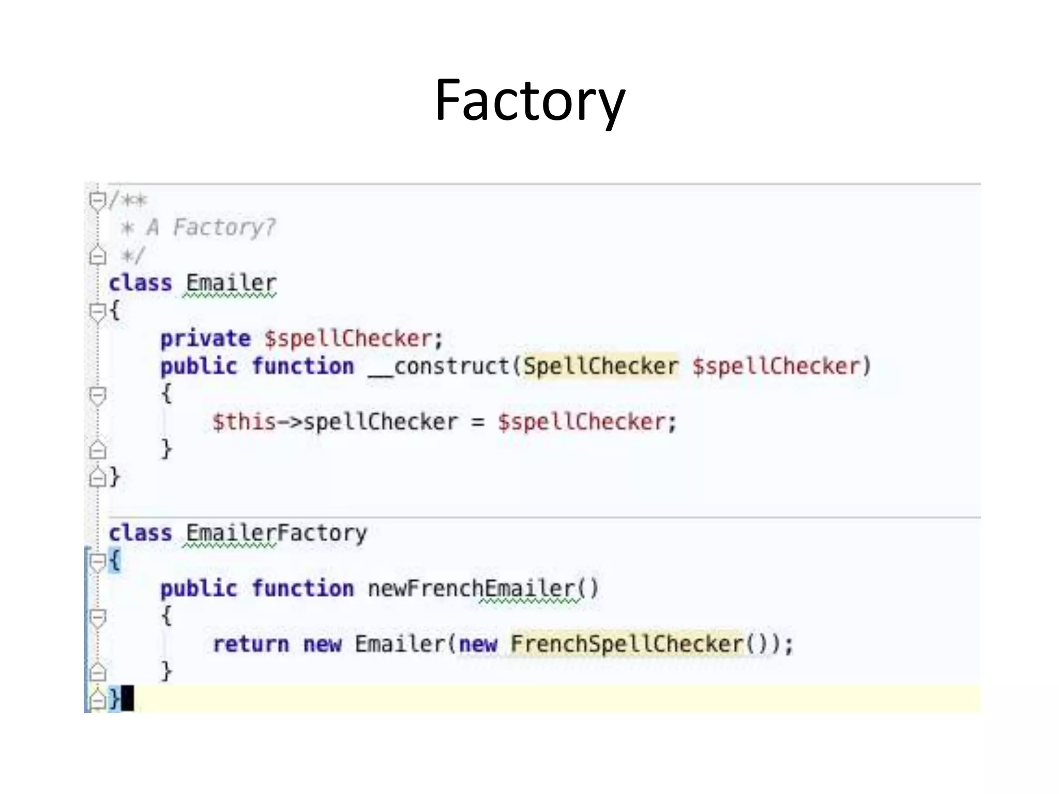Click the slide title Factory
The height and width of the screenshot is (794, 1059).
(x=529, y=101)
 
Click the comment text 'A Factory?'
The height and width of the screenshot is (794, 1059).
(x=211, y=227)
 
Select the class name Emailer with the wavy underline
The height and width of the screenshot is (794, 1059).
(x=231, y=284)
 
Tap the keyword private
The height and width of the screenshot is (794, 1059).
(x=205, y=339)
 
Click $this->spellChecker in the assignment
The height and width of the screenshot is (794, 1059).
(x=335, y=422)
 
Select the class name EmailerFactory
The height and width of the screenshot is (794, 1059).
(x=276, y=533)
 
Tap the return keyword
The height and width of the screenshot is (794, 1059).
(x=251, y=645)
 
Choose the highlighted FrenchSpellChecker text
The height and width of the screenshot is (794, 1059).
(x=627, y=645)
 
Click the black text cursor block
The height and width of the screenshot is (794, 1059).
(x=128, y=698)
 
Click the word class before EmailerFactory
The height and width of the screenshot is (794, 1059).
(x=140, y=533)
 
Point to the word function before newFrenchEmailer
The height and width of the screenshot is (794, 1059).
(x=303, y=589)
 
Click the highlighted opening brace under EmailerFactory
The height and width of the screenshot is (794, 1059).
(x=115, y=561)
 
